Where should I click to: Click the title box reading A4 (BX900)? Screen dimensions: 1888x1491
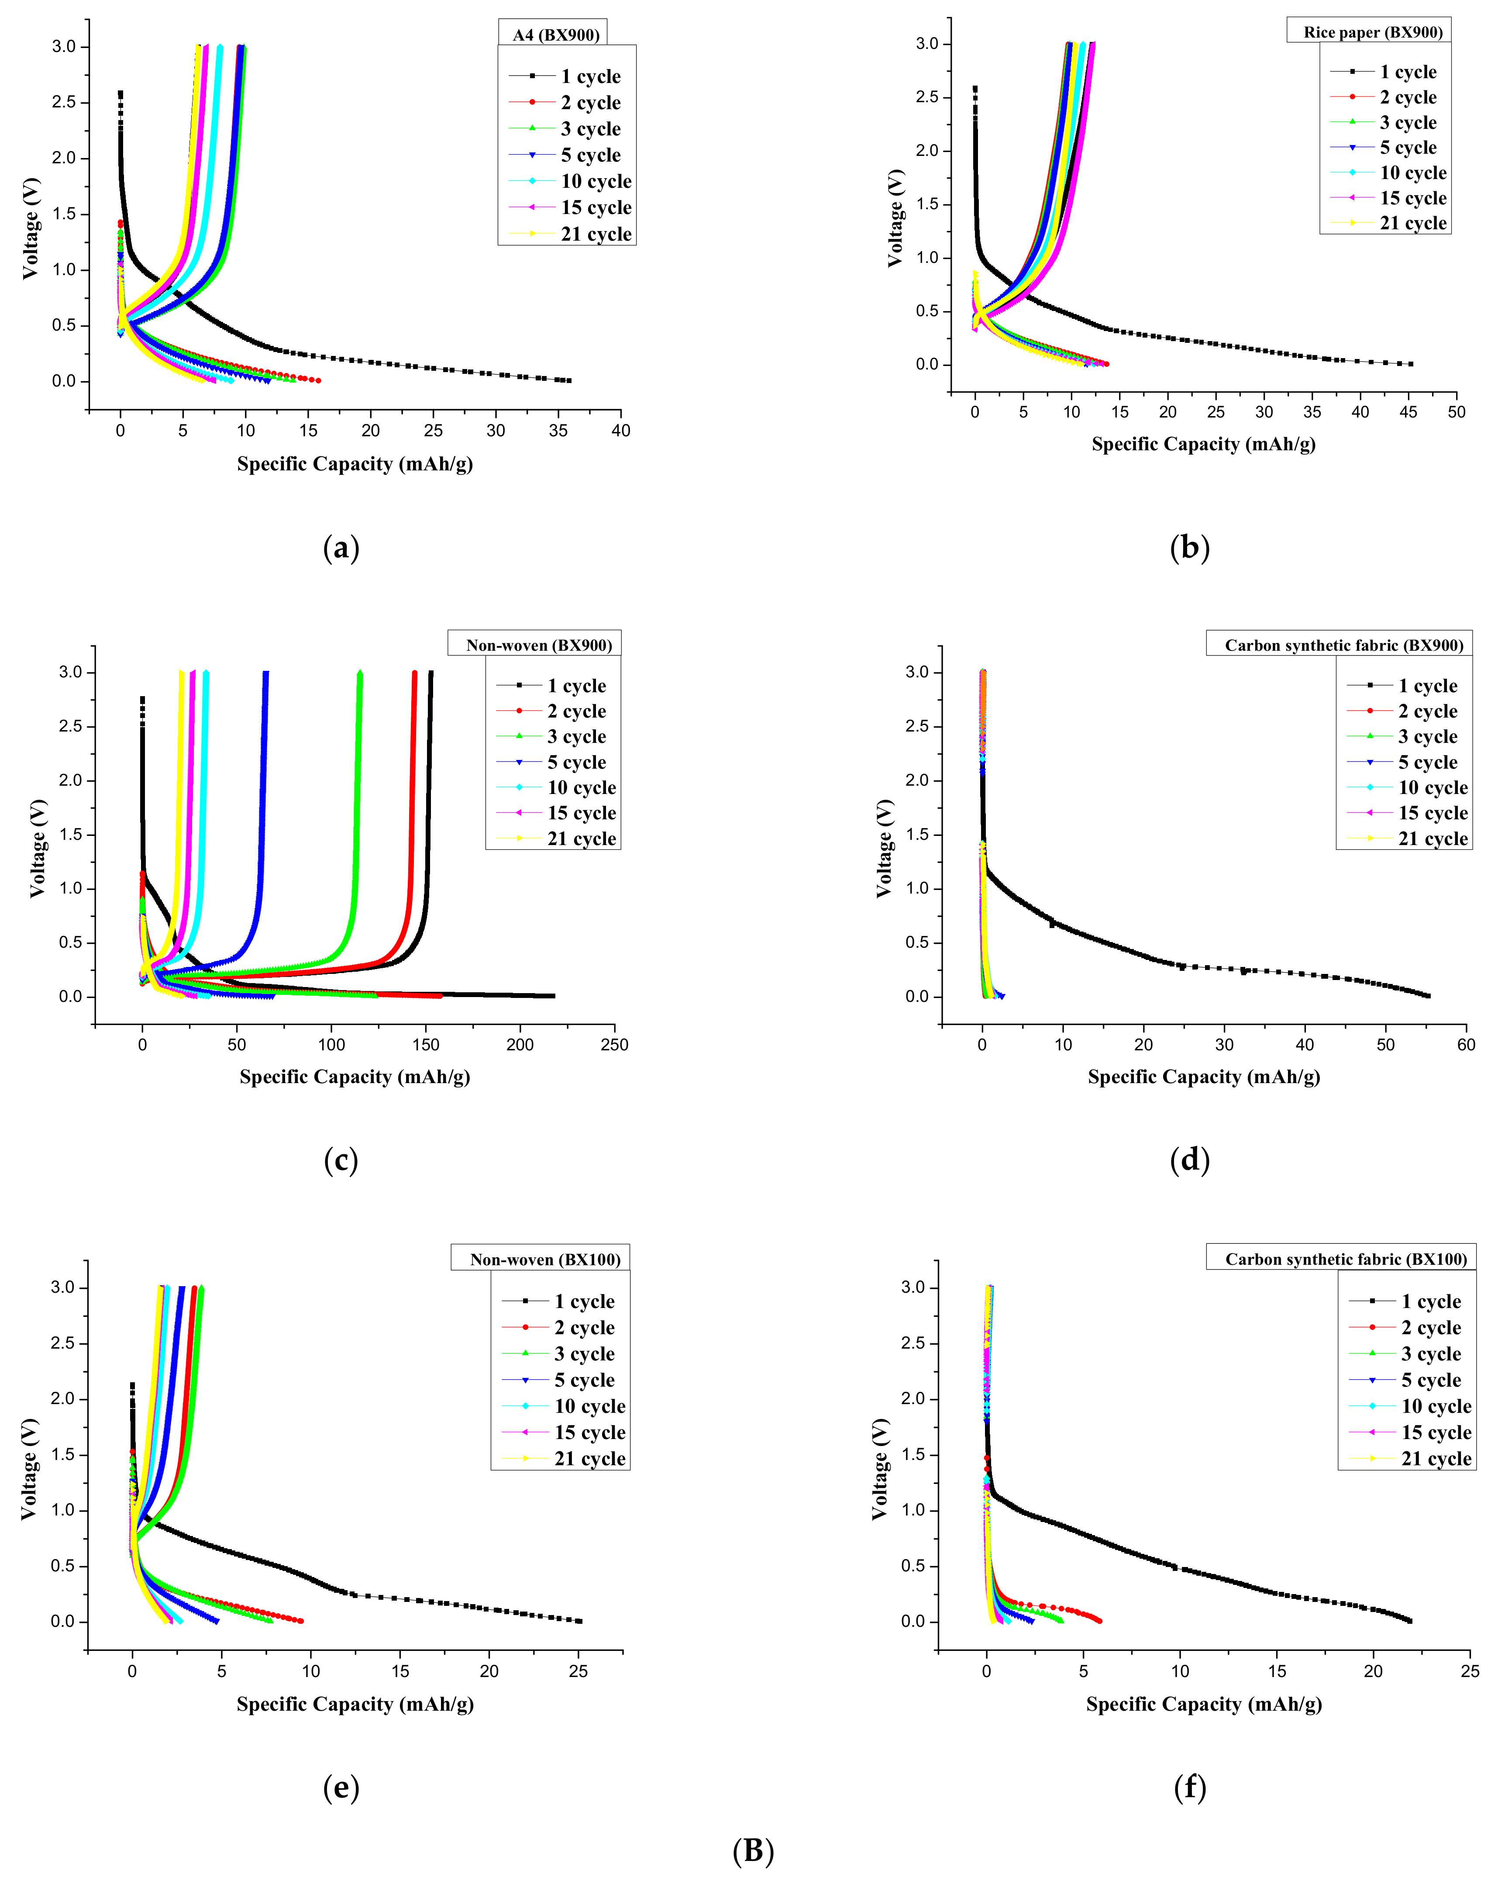point(555,35)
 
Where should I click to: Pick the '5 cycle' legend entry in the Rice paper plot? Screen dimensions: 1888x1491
point(1407,148)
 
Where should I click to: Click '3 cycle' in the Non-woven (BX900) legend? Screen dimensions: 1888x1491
point(576,736)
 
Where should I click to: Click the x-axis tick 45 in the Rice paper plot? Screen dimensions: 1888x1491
point(1408,412)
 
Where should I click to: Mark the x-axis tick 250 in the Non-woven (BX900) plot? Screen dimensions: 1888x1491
point(615,1044)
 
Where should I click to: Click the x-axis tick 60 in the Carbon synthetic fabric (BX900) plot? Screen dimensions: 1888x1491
point(1467,1044)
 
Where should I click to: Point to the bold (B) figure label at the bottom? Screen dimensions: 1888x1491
point(752,1850)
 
